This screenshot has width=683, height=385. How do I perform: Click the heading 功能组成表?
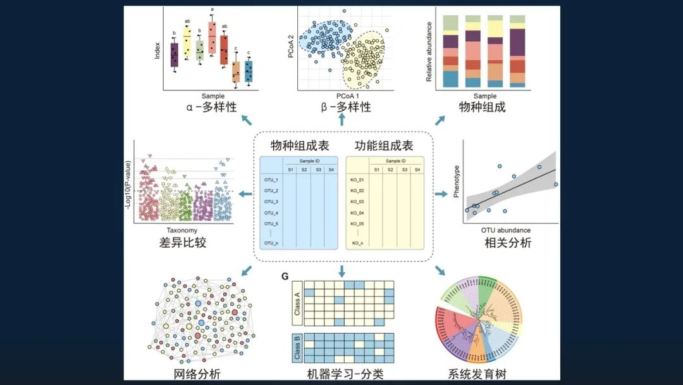pyautogui.click(x=384, y=146)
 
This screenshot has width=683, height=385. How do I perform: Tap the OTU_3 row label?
pyautogui.click(x=271, y=201)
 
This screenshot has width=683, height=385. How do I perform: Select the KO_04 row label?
pyautogui.click(x=357, y=213)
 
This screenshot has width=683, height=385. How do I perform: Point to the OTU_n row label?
pyautogui.click(x=271, y=243)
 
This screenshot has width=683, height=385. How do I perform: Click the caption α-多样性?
pyautogui.click(x=212, y=107)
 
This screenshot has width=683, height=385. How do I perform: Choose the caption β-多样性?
pyautogui.click(x=345, y=107)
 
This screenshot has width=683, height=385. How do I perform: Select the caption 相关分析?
pyautogui.click(x=508, y=243)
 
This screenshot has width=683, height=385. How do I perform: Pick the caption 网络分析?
pyautogui.click(x=197, y=374)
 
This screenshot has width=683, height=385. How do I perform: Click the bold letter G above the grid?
pyautogui.click(x=285, y=276)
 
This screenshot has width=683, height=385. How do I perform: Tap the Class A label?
pyautogui.click(x=297, y=302)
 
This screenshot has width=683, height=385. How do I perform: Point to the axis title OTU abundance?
pyautogui.click(x=506, y=230)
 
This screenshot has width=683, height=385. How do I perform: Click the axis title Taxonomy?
pyautogui.click(x=182, y=230)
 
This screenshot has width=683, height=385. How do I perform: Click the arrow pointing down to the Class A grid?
pyautogui.click(x=342, y=271)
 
